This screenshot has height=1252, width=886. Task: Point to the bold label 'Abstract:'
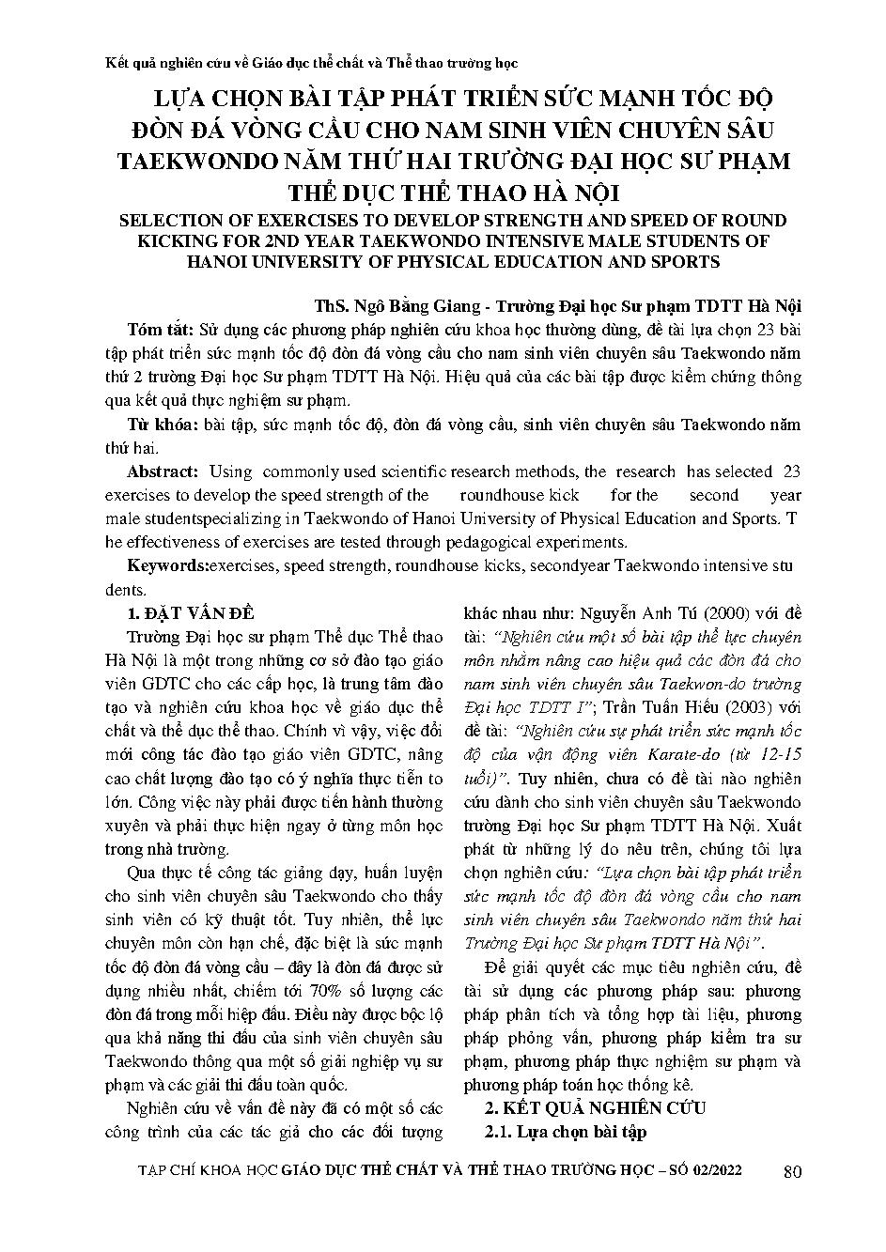[x=163, y=471]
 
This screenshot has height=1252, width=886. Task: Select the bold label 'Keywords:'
[x=167, y=566]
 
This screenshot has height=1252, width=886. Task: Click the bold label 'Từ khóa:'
[x=161, y=425]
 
